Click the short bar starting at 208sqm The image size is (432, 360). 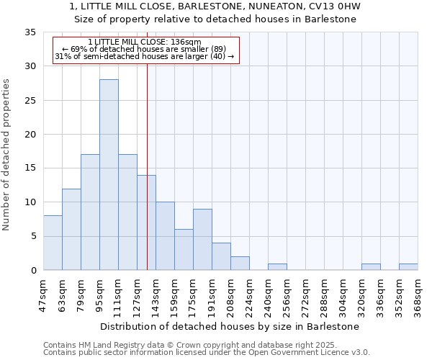pos(240,263)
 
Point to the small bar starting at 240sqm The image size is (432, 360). pos(277,266)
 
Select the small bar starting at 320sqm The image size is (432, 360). pos(371,266)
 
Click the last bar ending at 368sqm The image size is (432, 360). pos(408,266)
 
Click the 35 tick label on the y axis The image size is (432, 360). pos(30,32)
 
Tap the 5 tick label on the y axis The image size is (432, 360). pos(33,236)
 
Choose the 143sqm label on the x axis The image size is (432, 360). pos(156,296)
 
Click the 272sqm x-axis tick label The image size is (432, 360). pos(305,296)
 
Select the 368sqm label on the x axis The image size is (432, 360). pos(418,296)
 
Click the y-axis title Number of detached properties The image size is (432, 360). pos(7,155)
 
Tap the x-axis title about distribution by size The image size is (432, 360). pos(230,326)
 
